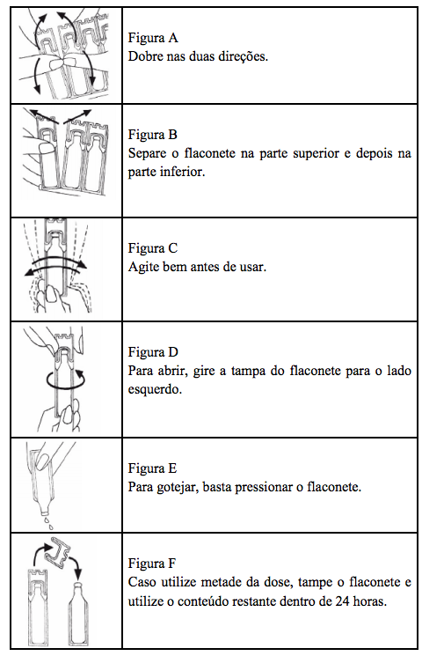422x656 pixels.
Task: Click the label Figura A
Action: pyautogui.click(x=153, y=39)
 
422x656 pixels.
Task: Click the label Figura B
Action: pyautogui.click(x=153, y=136)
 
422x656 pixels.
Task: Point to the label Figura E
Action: pyautogui.click(x=153, y=468)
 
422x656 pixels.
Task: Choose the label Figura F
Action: pyautogui.click(x=153, y=563)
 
